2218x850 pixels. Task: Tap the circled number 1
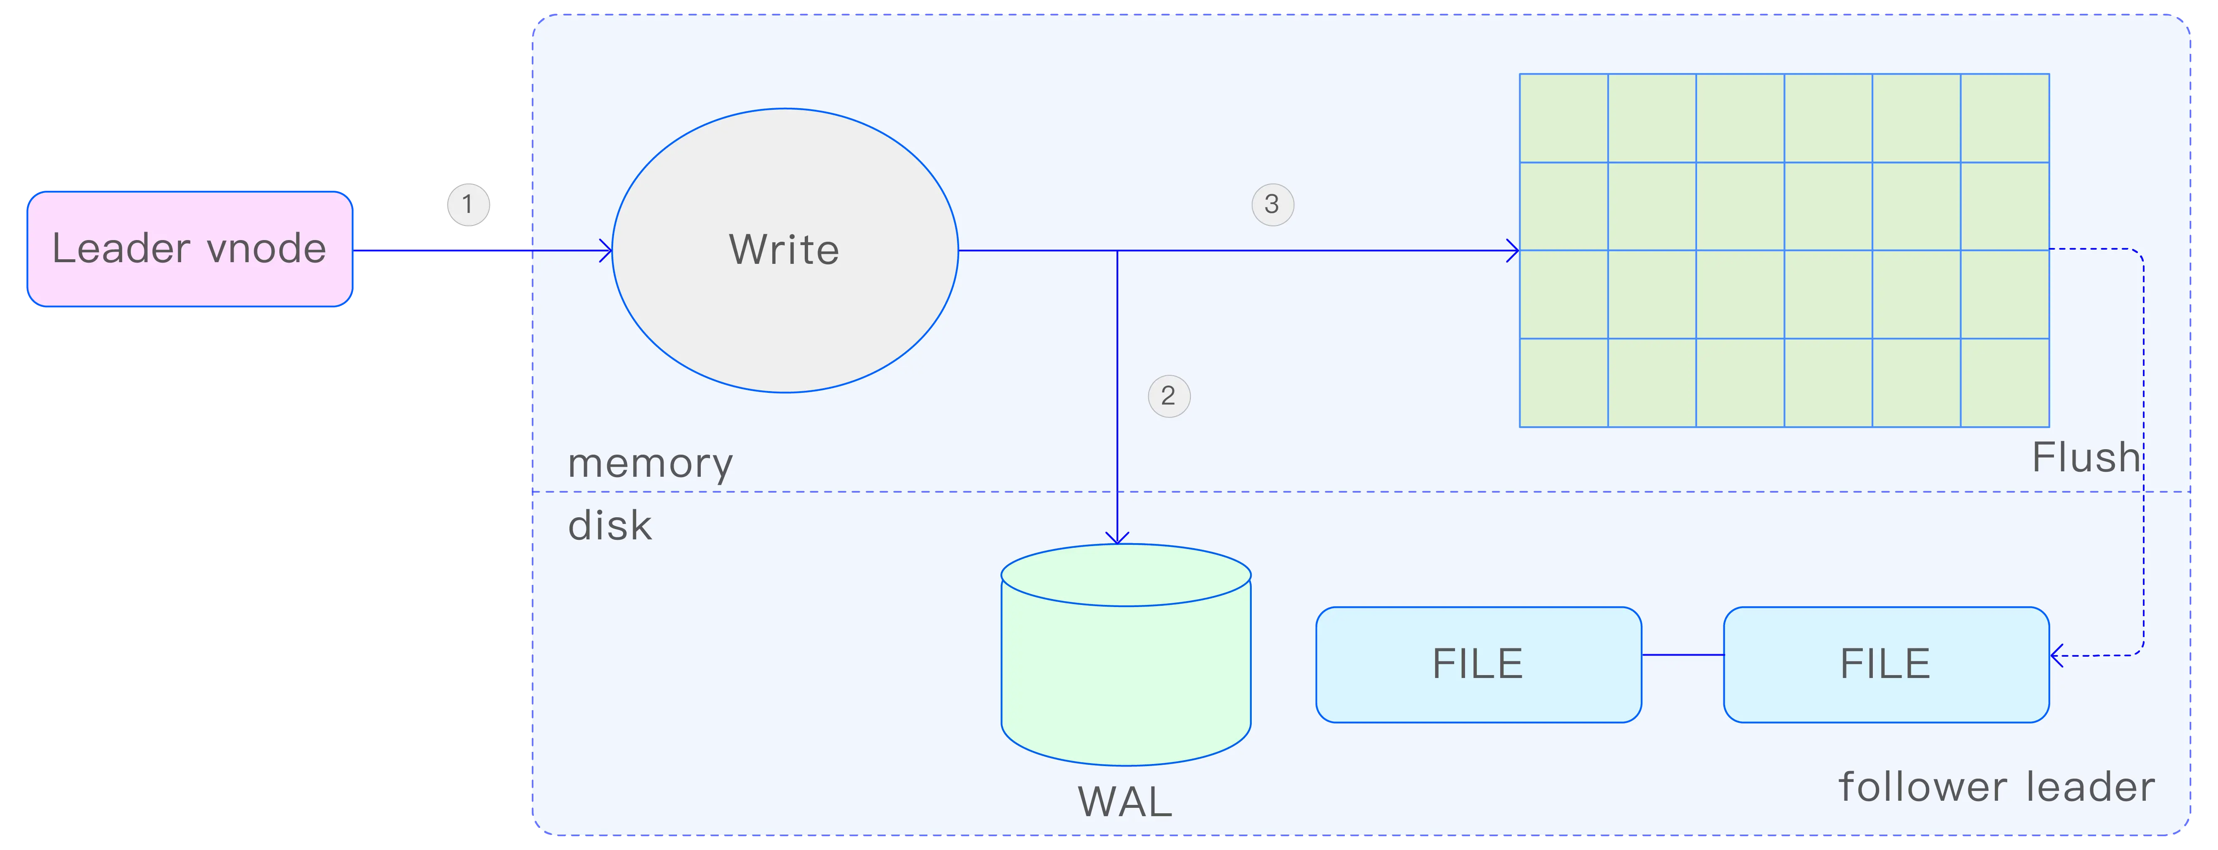click(x=467, y=204)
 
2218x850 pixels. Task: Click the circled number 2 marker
click(x=1168, y=396)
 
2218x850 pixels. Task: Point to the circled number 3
click(x=1272, y=204)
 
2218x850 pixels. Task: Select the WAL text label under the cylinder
click(x=1124, y=802)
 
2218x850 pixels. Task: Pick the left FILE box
click(x=1478, y=664)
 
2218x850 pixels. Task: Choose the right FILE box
click(x=1886, y=664)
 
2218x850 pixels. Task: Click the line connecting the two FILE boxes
click(x=1682, y=655)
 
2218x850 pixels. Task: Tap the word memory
click(x=650, y=463)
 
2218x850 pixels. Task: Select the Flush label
click(x=2085, y=457)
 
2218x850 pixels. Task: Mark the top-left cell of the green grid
click(x=1564, y=118)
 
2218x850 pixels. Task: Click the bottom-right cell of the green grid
click(x=2004, y=382)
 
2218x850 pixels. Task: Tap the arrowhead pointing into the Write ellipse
click(x=606, y=250)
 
